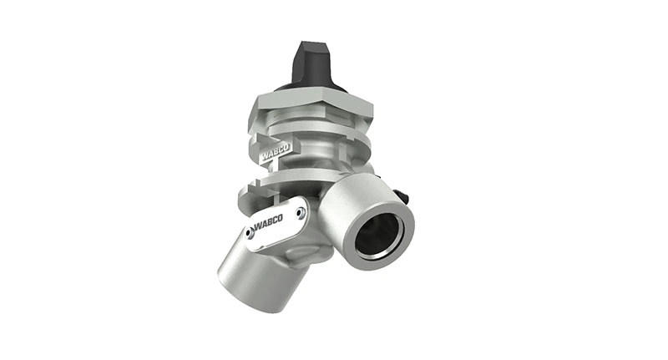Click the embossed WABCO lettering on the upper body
[x=276, y=155]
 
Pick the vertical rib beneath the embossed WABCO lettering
[x=276, y=169]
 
